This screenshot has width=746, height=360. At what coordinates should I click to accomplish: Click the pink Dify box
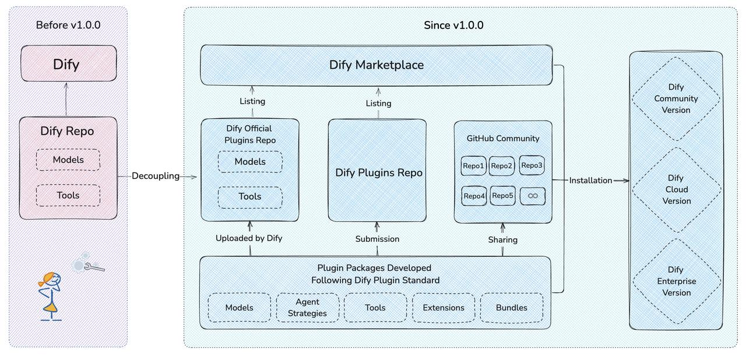click(68, 63)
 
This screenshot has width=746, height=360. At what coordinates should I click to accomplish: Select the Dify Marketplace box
click(376, 65)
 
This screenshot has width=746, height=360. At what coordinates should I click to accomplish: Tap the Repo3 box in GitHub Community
click(532, 165)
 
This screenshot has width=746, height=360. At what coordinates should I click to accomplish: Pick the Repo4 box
click(474, 196)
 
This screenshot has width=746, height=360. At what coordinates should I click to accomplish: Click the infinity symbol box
click(532, 196)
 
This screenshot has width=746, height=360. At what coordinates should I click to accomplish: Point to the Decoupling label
click(156, 176)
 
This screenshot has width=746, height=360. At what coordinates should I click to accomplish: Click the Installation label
click(590, 181)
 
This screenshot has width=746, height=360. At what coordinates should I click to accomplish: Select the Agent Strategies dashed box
click(308, 308)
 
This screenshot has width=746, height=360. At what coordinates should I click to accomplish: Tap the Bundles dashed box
click(511, 308)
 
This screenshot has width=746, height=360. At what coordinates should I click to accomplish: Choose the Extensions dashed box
click(444, 308)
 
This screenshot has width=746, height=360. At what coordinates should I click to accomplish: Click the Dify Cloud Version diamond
click(676, 189)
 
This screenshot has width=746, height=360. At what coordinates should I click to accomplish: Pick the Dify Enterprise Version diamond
click(676, 281)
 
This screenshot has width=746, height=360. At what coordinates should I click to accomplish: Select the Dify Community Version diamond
click(676, 98)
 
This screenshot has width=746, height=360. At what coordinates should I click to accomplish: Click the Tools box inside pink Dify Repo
click(68, 195)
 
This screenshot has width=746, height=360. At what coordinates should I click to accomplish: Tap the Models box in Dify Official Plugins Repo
click(250, 162)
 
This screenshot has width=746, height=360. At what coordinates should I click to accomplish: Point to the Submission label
click(377, 239)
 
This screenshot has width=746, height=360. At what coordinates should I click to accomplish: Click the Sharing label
click(502, 239)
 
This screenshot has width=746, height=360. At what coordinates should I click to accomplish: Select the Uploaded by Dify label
click(249, 238)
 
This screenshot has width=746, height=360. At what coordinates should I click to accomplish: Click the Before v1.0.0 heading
click(68, 25)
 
